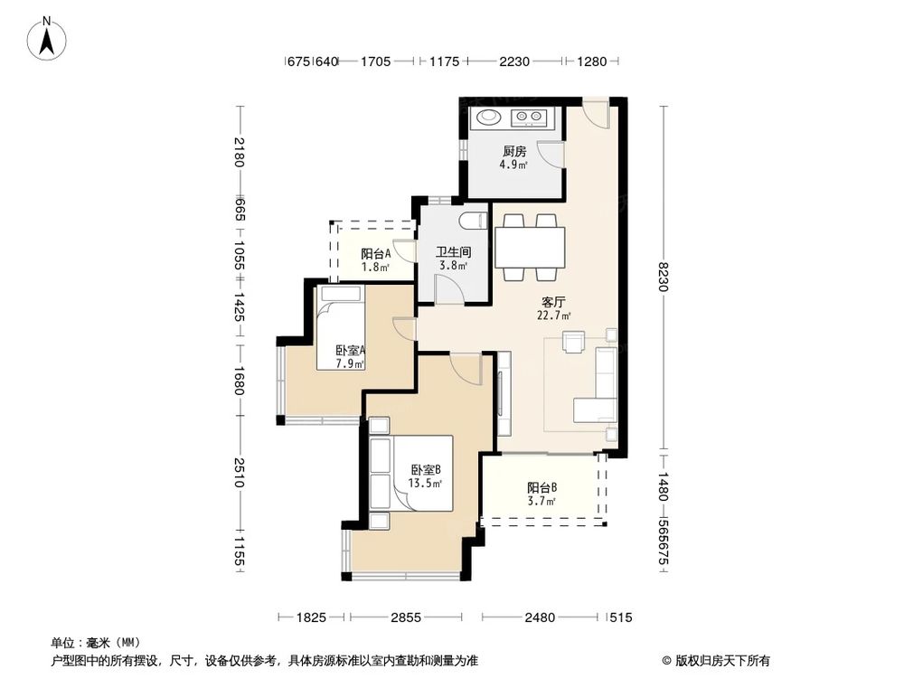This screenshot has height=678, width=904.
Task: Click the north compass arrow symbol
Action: (48, 37)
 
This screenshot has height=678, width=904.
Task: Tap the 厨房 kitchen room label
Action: (514, 151)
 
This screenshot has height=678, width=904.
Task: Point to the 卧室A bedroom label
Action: (350, 351)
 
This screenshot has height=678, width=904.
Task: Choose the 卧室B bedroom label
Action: (425, 470)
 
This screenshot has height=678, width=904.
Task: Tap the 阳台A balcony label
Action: (375, 255)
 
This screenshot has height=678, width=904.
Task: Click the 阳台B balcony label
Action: (542, 487)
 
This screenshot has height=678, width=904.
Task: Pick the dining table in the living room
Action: (530, 245)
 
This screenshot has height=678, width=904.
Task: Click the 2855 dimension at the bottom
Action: (406, 617)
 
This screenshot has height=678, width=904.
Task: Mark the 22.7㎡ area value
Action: (554, 316)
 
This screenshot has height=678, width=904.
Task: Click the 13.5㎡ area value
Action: (425, 484)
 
